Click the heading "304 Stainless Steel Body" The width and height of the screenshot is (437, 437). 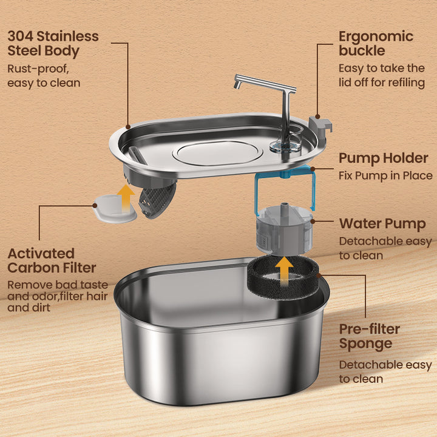(x=53, y=43)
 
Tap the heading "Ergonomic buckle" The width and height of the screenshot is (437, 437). (x=375, y=43)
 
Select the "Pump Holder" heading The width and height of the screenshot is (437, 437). (x=383, y=158)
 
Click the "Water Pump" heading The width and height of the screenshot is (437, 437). (x=382, y=224)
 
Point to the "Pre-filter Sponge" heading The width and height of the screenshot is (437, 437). (x=369, y=336)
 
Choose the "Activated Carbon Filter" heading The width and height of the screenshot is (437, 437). (x=52, y=260)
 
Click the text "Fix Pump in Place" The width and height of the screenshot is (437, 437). (x=385, y=176)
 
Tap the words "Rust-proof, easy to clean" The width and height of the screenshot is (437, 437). (x=44, y=75)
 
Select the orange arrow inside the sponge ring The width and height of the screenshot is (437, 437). (x=282, y=269)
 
